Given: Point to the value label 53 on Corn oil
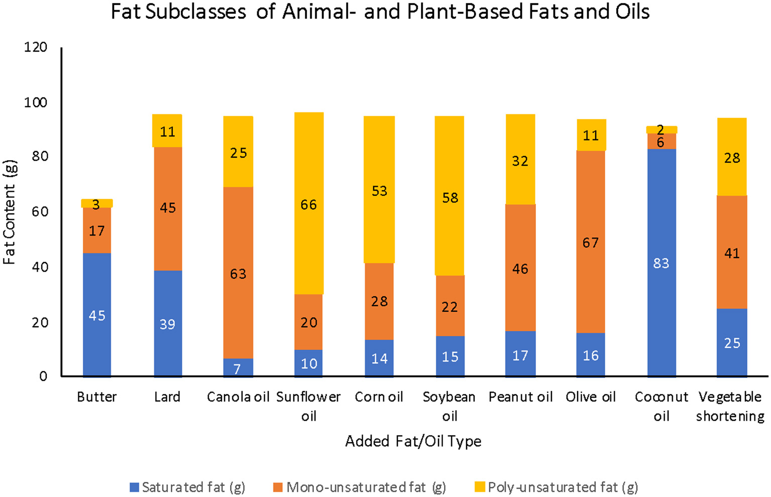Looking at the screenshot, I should pos(379,191).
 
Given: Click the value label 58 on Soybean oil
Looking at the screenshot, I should pos(450,198).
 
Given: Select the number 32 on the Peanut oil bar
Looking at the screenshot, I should pos(520,161).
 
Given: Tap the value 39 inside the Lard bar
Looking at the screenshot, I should pos(167,324).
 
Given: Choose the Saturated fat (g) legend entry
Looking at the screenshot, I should pos(187,487).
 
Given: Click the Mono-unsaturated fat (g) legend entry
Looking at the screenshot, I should pos(360,487).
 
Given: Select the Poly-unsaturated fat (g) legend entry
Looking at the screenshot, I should pos(557,487).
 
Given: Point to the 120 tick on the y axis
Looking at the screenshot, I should pos(36,47).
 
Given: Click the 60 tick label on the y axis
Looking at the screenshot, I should pos(39,211).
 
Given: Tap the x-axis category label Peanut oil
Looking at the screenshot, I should pos(520,397).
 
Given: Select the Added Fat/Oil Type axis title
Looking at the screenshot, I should pos(413,441).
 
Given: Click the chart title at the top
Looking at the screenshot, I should pos(380,12).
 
